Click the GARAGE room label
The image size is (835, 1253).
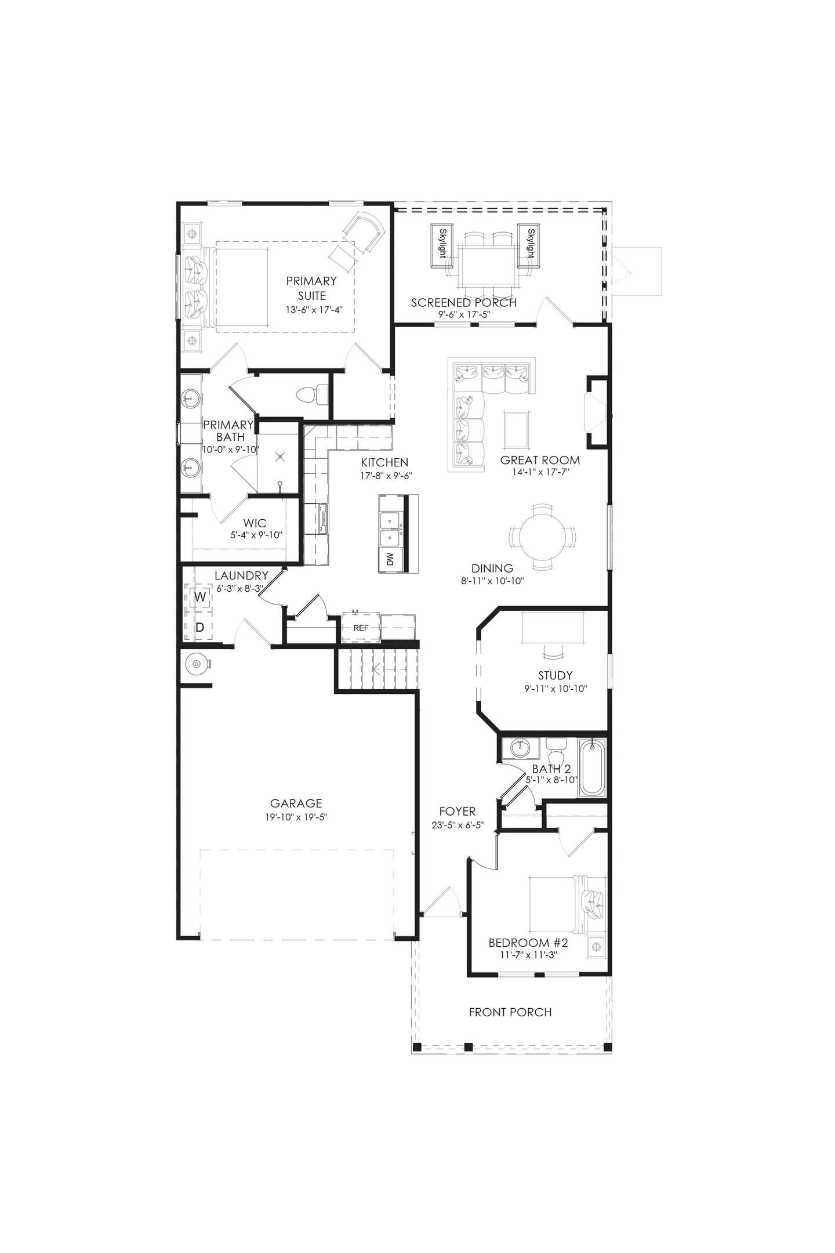(x=296, y=803)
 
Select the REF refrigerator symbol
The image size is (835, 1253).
(x=361, y=628)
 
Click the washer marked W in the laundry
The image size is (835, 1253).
(x=200, y=597)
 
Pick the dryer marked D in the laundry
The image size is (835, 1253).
(x=200, y=627)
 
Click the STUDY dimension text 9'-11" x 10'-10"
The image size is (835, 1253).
(x=555, y=689)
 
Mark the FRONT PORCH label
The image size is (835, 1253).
(x=510, y=1012)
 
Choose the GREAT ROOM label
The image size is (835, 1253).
(x=540, y=461)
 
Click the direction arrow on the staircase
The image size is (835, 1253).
(x=379, y=670)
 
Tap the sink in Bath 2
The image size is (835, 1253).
(x=521, y=748)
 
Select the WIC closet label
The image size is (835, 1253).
(x=255, y=523)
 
